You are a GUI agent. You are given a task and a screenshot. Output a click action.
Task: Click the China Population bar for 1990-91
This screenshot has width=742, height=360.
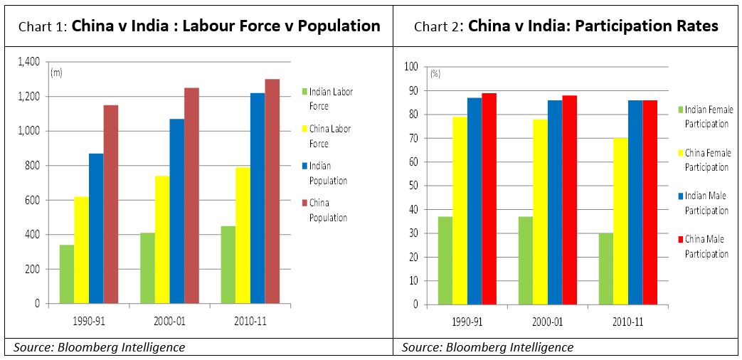pyautogui.click(x=111, y=204)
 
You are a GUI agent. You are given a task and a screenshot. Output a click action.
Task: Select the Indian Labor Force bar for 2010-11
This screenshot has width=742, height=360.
pyautogui.click(x=228, y=265)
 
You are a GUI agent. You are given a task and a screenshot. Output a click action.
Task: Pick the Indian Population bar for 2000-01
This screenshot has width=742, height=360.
pyautogui.click(x=176, y=211)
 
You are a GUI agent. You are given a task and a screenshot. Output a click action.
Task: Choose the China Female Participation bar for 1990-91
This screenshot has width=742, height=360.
pyautogui.click(x=460, y=211)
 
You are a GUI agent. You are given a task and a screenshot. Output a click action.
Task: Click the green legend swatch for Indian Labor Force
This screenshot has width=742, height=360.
pyautogui.click(x=304, y=92)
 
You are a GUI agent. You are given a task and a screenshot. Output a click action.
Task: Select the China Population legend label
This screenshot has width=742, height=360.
pyautogui.click(x=328, y=210)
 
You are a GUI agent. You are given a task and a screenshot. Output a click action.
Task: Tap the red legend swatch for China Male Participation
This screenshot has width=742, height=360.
pyautogui.click(x=680, y=240)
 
